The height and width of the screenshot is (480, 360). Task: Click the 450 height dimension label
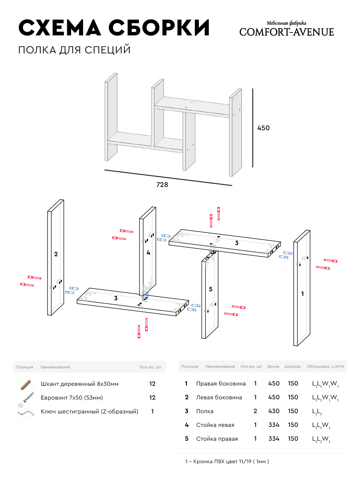263,128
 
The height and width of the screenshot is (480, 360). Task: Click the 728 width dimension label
162,185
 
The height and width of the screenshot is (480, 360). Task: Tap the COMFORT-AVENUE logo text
286,32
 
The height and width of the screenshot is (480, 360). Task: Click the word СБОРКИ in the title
159,28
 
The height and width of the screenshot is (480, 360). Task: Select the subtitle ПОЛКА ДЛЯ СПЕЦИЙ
74,50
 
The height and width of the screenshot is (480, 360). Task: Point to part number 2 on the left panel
56,254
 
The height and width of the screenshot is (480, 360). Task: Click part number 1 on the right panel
302,294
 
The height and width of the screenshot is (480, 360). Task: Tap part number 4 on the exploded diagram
148,253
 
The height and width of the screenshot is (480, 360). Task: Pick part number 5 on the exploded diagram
211,289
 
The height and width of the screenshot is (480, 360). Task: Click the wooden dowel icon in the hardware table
26,384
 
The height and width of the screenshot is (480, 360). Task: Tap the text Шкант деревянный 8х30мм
79,384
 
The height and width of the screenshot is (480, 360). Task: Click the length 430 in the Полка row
274,411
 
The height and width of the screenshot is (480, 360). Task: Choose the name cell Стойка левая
215,425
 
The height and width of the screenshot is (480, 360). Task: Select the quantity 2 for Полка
255,411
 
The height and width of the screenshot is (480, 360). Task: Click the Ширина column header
292,367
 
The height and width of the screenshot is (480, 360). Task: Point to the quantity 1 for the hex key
152,412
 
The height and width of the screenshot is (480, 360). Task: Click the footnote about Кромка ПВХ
227,462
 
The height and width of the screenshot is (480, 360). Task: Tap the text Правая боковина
221,384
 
